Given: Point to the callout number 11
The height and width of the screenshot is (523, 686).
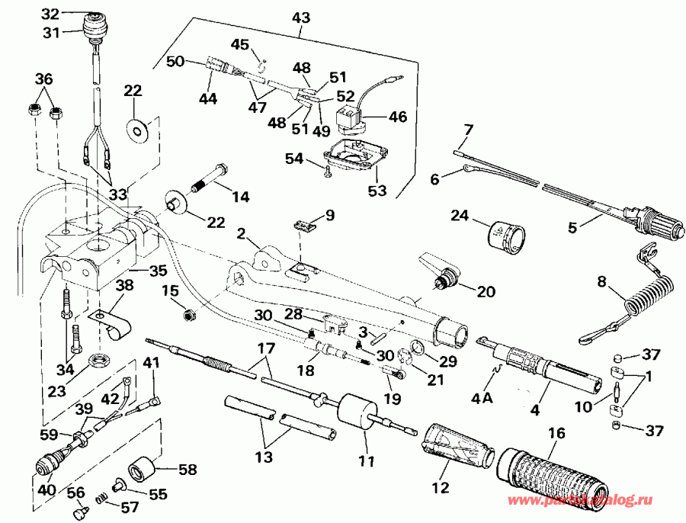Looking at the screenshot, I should pyautogui.click(x=367, y=461).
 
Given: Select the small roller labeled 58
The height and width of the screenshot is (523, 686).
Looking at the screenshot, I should pyautogui.click(x=143, y=470).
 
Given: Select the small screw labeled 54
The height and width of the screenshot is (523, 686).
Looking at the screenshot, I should pyautogui.click(x=327, y=172).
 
